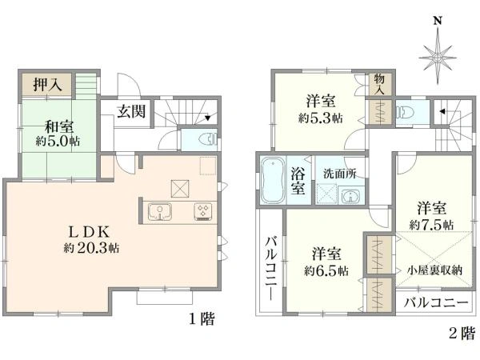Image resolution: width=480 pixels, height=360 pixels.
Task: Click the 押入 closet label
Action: (48, 84)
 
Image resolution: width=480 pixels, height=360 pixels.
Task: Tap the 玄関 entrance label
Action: (132, 111)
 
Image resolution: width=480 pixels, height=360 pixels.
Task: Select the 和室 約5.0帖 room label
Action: (58, 134)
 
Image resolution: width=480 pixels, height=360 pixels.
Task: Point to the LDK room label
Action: (89, 233)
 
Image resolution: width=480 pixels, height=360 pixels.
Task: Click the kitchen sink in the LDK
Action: (159, 211)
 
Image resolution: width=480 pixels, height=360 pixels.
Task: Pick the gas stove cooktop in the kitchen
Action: (202, 211)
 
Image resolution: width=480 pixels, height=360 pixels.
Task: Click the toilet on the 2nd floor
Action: (404, 112)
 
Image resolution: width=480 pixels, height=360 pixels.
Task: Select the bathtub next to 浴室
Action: (272, 181)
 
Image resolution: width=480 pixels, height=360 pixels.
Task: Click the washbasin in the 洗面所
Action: (351, 196)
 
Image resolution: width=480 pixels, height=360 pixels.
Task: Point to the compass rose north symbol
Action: (438, 57)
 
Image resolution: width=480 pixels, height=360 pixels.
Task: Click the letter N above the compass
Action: (438, 21)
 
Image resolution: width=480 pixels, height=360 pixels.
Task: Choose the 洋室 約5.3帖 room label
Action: (321, 109)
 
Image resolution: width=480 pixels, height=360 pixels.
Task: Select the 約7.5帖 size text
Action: (432, 225)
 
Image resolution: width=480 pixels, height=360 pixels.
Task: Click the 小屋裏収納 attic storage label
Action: (434, 270)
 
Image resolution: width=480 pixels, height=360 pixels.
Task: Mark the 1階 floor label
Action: (202, 319)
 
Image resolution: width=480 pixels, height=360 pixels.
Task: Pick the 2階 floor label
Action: (462, 333)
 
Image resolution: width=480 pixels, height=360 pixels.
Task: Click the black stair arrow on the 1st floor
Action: (208, 118)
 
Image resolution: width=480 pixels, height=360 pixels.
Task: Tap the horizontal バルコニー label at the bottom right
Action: (436, 302)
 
